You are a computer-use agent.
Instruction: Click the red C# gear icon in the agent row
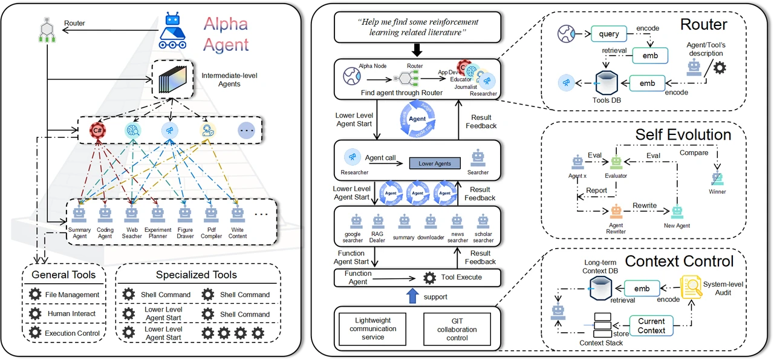pos(96,129)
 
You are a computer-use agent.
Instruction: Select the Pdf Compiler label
pos(210,232)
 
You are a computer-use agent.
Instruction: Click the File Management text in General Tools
pos(72,295)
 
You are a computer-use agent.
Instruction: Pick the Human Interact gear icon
pos(36,314)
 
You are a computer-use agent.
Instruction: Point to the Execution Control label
pos(73,333)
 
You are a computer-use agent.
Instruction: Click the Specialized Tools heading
pos(196,275)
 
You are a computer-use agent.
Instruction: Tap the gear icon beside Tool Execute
pos(430,278)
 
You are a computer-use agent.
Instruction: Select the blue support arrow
pos(412,296)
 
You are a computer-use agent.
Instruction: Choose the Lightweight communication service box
pos(373,329)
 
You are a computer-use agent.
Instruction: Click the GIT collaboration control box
pos(457,329)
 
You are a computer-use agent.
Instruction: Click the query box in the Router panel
pos(609,34)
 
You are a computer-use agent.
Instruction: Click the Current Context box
pos(651,326)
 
